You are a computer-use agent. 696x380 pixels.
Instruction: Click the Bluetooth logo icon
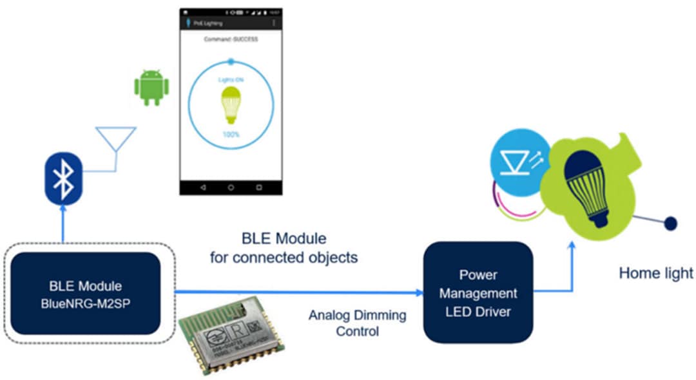(x=63, y=177)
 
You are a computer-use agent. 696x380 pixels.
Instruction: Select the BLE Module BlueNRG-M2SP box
(x=85, y=293)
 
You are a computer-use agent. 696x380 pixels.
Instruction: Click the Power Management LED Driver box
(x=478, y=292)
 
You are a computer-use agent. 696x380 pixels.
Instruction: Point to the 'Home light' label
(x=655, y=273)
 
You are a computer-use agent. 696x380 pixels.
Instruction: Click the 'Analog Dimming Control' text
(x=357, y=323)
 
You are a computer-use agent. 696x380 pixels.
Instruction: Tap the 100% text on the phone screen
(x=231, y=135)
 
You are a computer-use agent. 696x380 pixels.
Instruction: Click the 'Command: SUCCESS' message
(x=230, y=39)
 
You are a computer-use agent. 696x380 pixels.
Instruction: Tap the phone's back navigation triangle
(x=203, y=187)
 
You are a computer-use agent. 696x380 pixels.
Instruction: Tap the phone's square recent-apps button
(x=259, y=187)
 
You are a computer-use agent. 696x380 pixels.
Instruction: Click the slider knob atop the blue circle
(x=231, y=62)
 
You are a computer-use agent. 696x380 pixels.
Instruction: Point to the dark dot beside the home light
(x=670, y=223)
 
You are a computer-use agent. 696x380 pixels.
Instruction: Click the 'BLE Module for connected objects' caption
(x=284, y=249)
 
